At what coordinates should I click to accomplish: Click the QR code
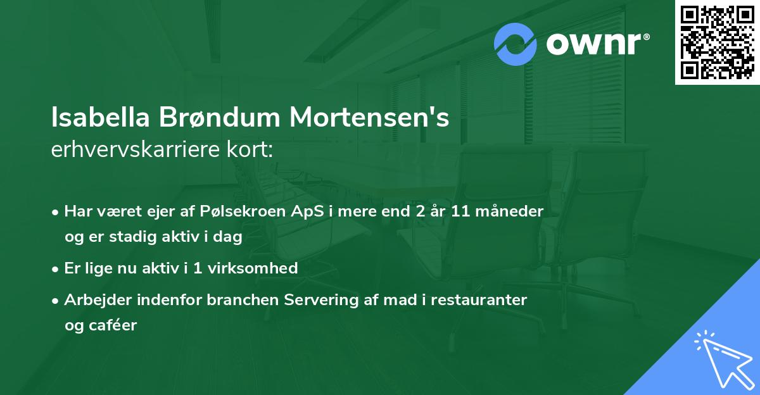pyautogui.click(x=717, y=42)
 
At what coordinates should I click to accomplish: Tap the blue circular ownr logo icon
pyautogui.click(x=515, y=44)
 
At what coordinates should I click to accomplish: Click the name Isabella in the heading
pyautogui.click(x=101, y=118)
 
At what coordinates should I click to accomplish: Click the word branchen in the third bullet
pyautogui.click(x=235, y=300)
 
